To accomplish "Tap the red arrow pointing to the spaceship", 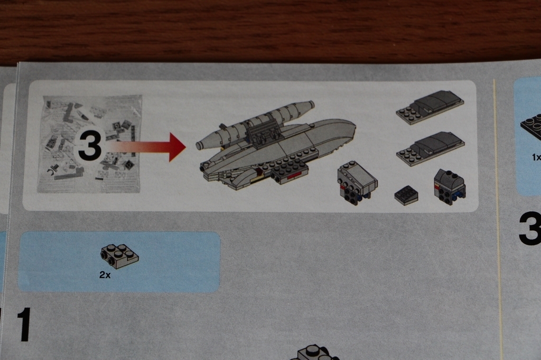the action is (145, 147).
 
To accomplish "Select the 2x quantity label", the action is (105, 275).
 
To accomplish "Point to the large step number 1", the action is (24, 325).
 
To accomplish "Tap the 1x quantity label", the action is (536, 157).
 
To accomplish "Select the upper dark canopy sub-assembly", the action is (430, 107).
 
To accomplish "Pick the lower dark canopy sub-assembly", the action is (431, 148).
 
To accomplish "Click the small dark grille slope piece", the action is (406, 195).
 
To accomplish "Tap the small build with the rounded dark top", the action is (450, 187).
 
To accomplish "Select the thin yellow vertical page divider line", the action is (498, 220).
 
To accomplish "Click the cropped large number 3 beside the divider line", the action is (530, 229).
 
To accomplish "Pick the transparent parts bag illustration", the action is (90, 144).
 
